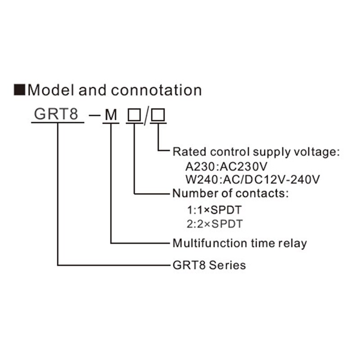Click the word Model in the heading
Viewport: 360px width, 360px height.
coord(50,90)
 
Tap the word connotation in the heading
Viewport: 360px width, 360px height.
coord(156,90)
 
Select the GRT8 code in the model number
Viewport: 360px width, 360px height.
coord(57,114)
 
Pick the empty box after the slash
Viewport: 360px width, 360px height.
coord(158,115)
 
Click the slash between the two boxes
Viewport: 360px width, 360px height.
coord(146,116)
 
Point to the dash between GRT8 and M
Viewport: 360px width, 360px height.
coord(94,116)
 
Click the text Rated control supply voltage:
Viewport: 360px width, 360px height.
coord(256,152)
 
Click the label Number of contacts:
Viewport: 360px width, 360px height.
coord(230,194)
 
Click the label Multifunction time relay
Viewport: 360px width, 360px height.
coord(240,243)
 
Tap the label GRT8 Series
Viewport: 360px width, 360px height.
coord(209,265)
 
